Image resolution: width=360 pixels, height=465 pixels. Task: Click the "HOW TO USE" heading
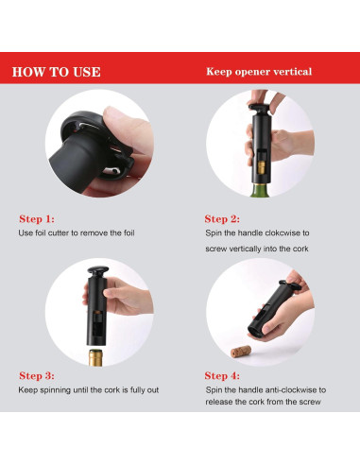tap(56, 72)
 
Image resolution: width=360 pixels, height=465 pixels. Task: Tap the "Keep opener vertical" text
tap(259, 72)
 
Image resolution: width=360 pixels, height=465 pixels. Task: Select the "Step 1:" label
tap(37, 218)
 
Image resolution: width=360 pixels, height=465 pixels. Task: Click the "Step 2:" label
tap(222, 218)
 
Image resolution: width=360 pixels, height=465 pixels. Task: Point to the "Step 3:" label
tap(37, 375)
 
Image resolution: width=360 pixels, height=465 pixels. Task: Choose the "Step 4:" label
tap(222, 375)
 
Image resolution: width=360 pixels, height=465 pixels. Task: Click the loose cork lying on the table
tap(241, 352)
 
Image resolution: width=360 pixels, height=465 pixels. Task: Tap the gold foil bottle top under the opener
tap(95, 357)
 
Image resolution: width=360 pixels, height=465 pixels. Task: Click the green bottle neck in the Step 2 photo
tap(260, 190)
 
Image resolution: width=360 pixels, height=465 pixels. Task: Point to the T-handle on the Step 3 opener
tap(98, 270)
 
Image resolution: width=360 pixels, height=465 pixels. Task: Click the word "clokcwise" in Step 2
tap(283, 233)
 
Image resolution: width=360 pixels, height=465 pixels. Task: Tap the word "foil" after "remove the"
tap(129, 233)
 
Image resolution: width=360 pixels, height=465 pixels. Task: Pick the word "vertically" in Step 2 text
tap(245, 249)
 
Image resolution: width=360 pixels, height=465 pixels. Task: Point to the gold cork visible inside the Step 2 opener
tap(262, 168)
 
